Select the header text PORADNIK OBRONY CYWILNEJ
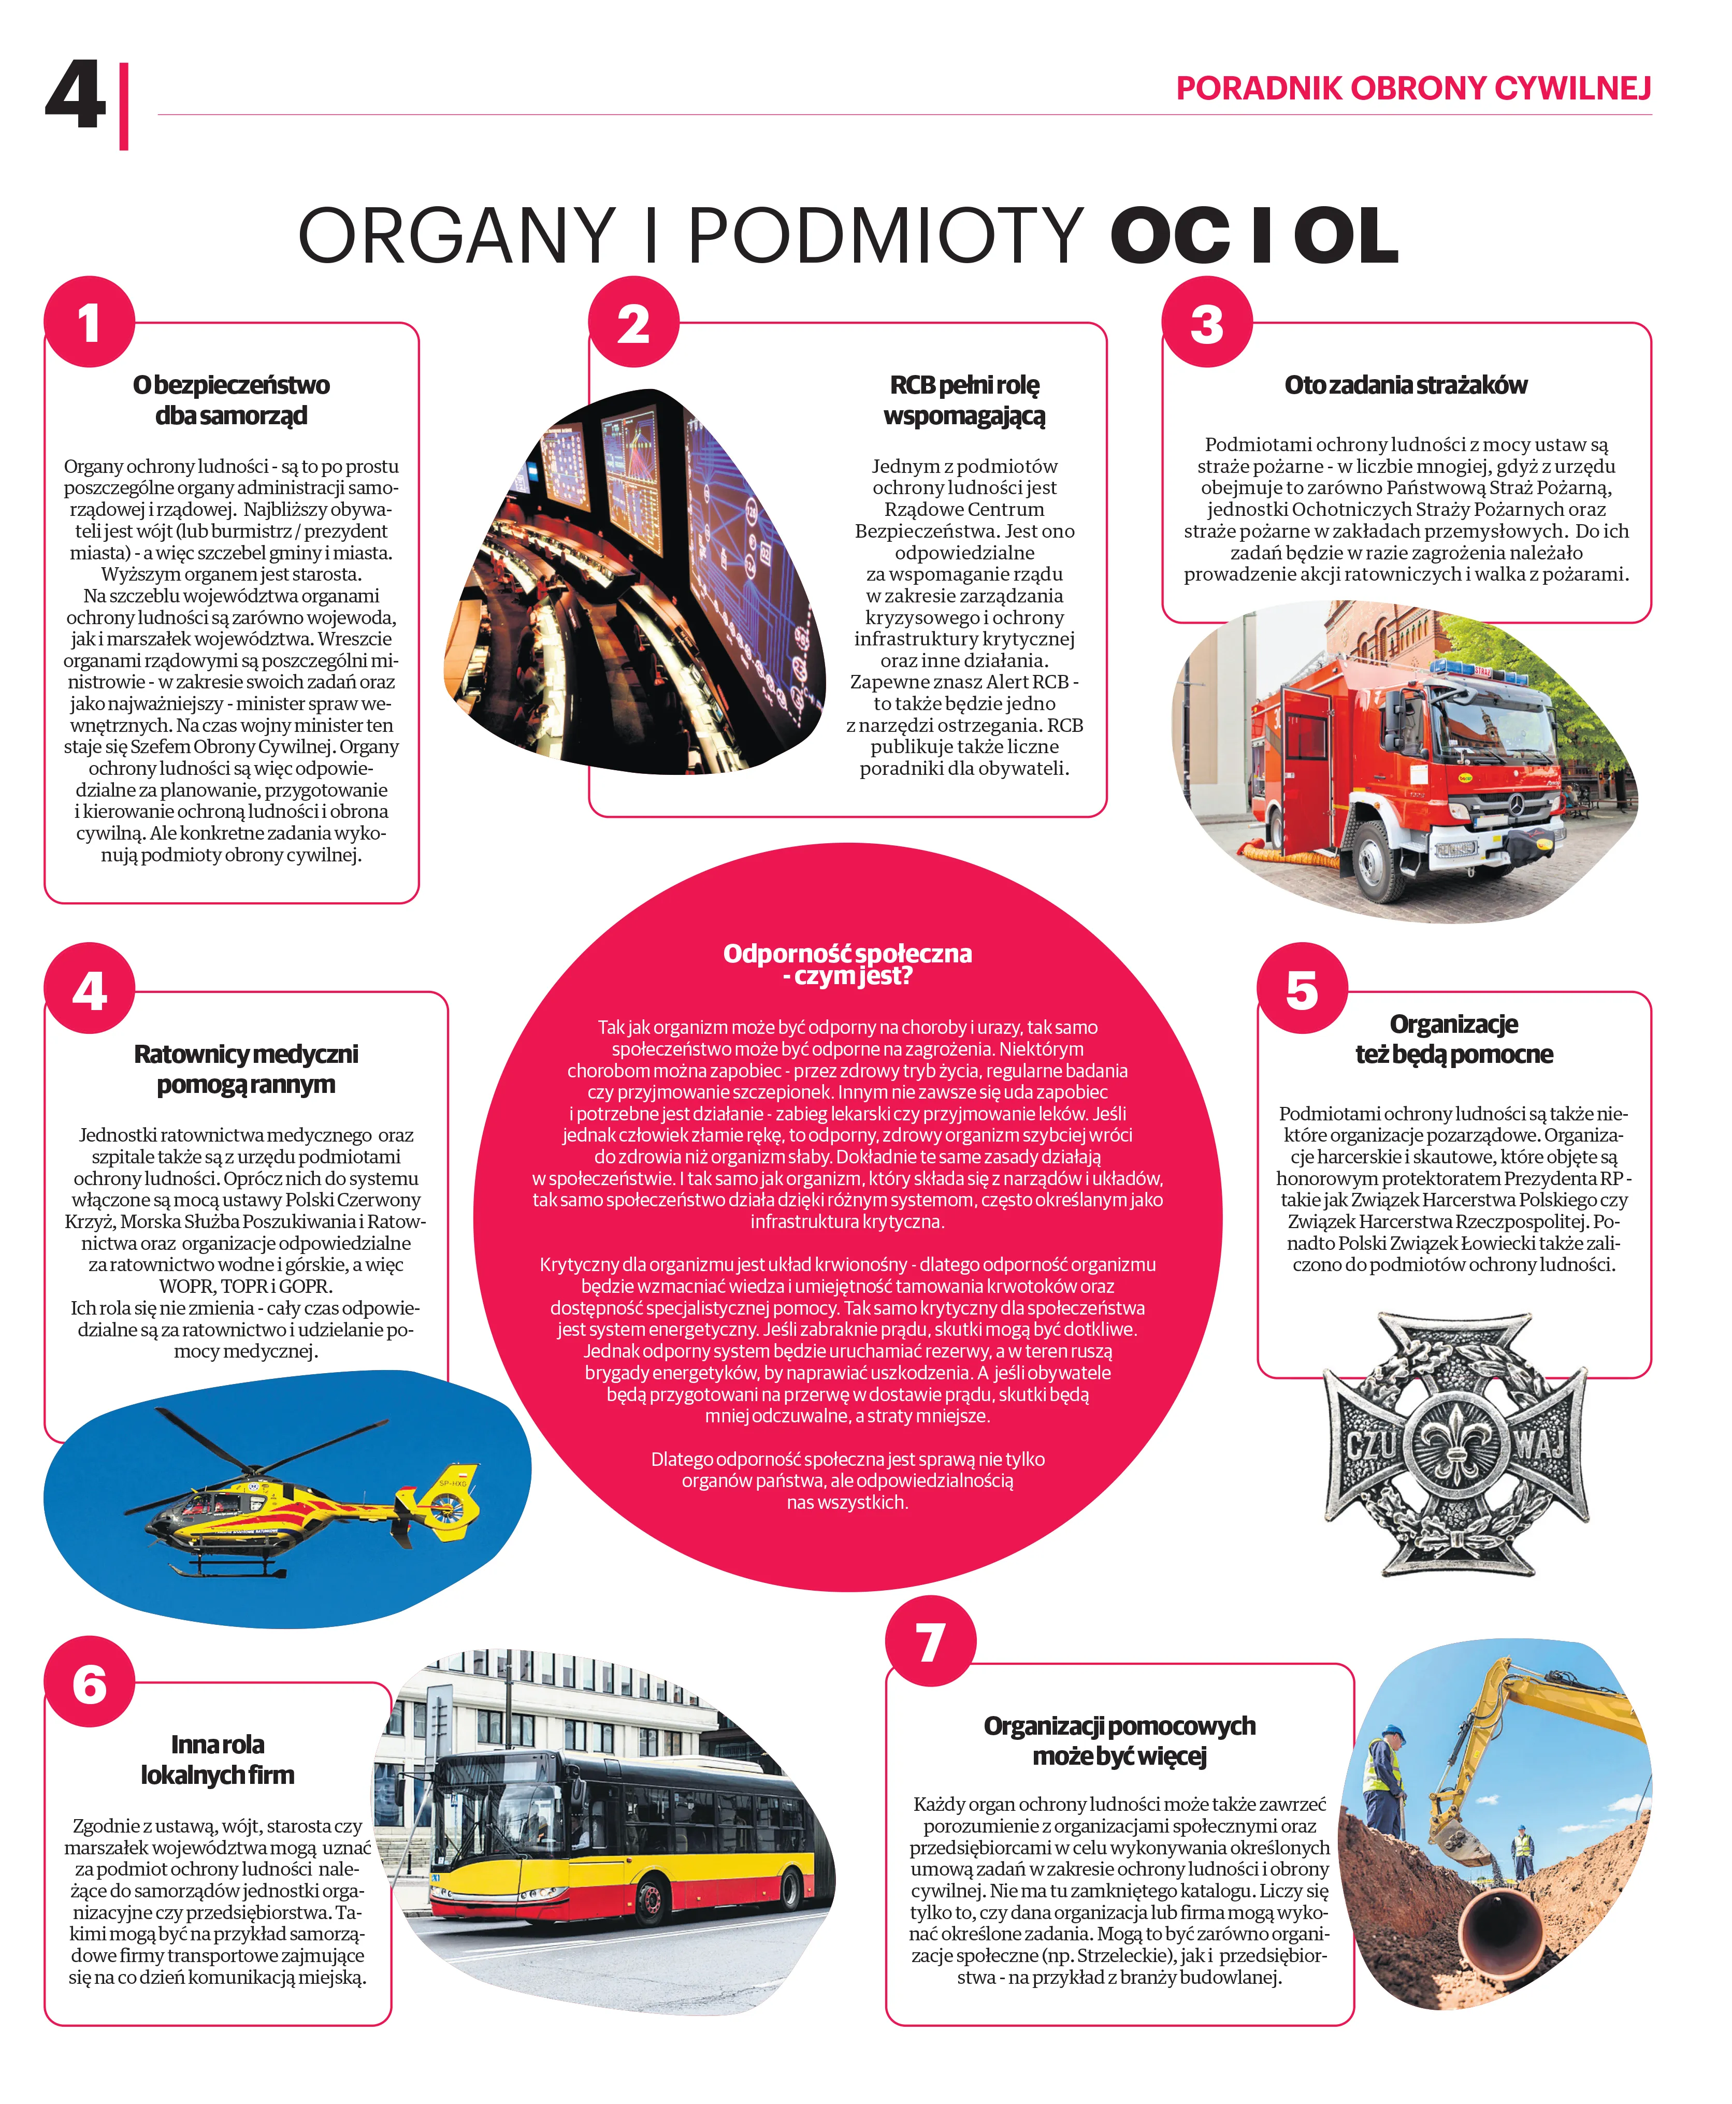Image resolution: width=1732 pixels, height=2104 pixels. (x=1413, y=89)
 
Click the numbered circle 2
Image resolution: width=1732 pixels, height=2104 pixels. (x=633, y=322)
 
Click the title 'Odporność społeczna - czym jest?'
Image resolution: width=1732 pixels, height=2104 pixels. (x=847, y=964)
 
